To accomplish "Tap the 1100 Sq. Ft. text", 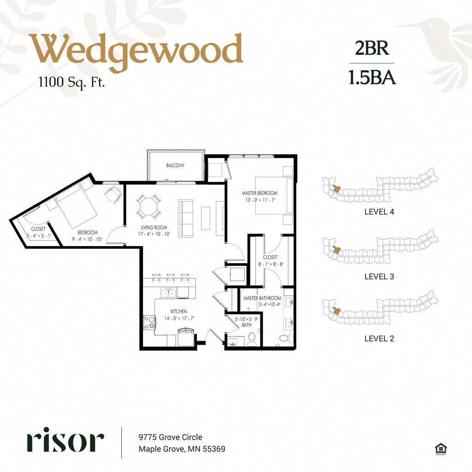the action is coord(71,82).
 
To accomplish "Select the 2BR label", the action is coord(372,48).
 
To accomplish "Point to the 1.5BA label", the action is coord(372,77).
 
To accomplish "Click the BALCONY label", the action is coord(175,165).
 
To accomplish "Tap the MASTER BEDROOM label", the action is coord(260,193).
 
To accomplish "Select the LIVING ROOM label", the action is coord(154,227).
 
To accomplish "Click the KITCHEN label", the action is coord(179,311).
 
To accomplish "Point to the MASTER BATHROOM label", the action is coord(262,298).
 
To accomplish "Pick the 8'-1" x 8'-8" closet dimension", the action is coord(271,264).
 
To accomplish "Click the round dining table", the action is coord(148,207).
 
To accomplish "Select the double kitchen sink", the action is coord(169,293).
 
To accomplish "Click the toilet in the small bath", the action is coord(251,339).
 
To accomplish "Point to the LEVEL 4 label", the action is coord(379,212).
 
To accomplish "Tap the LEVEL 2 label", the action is coord(379,338).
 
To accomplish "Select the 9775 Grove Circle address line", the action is coord(171,437).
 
